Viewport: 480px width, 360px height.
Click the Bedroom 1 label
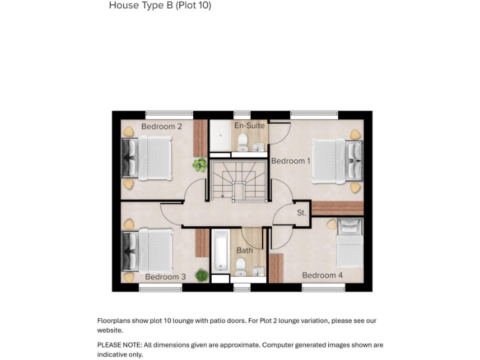(290, 161)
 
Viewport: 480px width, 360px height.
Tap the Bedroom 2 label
(161, 127)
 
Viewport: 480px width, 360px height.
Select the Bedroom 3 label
(165, 277)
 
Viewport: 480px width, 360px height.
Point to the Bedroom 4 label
(322, 276)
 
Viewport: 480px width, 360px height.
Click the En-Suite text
(249, 126)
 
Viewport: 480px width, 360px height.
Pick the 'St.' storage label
(301, 213)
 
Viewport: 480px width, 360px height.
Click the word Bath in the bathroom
(244, 251)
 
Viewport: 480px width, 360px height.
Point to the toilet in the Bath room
(241, 270)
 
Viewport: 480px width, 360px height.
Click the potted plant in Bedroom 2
(199, 165)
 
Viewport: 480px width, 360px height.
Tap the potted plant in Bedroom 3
(201, 275)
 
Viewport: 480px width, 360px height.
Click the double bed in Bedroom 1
(336, 161)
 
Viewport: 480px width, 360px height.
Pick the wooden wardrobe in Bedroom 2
(200, 137)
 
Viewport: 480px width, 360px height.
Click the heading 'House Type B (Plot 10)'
(160, 6)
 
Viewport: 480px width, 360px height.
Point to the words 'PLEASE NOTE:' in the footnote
(119, 345)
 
